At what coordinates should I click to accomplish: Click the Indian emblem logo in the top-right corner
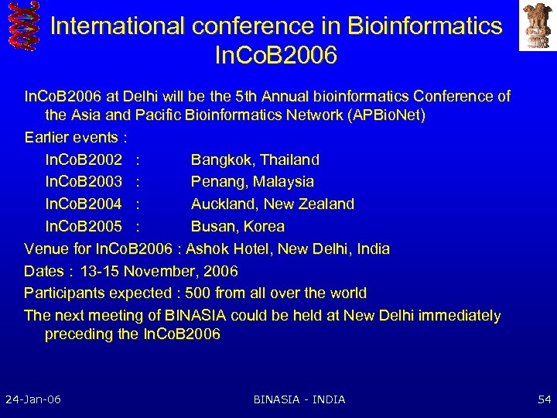pos(537,26)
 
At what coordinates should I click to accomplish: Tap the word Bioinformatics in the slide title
pos(425,26)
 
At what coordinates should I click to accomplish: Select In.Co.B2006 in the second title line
pos(277,57)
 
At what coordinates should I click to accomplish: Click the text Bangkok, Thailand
pos(255,159)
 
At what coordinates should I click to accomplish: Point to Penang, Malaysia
pos(252,182)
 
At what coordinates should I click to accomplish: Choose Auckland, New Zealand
pos(272,204)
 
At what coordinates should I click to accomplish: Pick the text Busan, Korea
pos(237,227)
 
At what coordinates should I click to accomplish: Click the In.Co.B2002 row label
pos(84,159)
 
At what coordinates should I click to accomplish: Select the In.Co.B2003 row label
pos(84,182)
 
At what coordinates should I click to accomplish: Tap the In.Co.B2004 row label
pos(84,204)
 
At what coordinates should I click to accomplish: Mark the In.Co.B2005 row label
pos(84,227)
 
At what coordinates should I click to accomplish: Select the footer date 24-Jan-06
pos(33,399)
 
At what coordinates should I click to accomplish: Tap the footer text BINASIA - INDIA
pos(299,399)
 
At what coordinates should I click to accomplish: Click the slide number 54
pos(544,399)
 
